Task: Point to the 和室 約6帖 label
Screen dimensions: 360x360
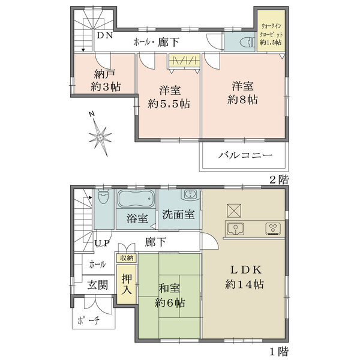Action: tap(169, 295)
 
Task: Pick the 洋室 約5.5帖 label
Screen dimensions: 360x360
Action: tap(170, 97)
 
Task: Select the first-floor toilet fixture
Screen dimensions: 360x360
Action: tap(103, 199)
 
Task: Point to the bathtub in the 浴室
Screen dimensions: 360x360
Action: tap(135, 199)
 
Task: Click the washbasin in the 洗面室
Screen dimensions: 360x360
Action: tap(189, 196)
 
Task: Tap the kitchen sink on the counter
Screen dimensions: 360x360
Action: tap(236, 228)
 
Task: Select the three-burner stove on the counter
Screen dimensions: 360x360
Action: tap(274, 228)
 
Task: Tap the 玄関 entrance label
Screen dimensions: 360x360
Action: tap(98, 285)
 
